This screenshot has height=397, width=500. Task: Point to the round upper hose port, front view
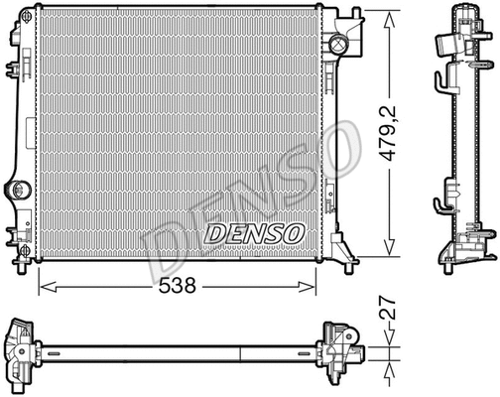[x=339, y=44]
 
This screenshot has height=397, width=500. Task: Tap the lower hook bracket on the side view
[x=439, y=206]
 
